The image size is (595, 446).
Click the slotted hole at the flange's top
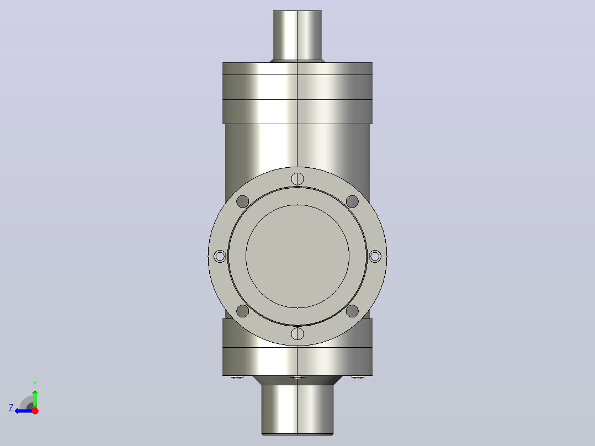[297, 179]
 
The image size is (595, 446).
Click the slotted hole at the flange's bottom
[297, 333]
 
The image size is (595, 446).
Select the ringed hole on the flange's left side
[220, 256]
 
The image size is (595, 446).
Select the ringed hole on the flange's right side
[375, 256]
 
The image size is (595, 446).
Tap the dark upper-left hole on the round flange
[243, 201]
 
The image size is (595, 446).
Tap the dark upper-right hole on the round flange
[352, 201]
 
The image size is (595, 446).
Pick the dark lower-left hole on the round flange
[243, 311]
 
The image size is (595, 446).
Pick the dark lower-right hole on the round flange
[352, 311]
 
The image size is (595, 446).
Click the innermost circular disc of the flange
[297, 256]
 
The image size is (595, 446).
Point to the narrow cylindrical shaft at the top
[297, 35]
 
